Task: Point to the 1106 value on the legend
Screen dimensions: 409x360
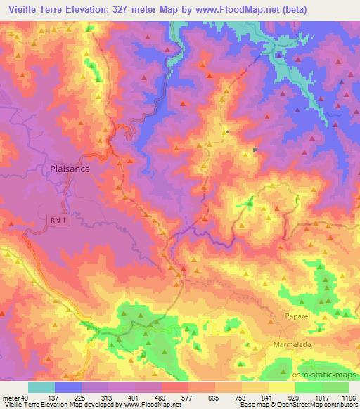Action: (347, 397)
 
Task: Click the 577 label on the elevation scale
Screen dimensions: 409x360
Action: (193, 397)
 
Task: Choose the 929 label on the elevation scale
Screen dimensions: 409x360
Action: (293, 397)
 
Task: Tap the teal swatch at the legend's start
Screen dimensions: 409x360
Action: (41, 387)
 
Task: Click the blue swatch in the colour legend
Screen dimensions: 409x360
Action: (68, 387)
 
